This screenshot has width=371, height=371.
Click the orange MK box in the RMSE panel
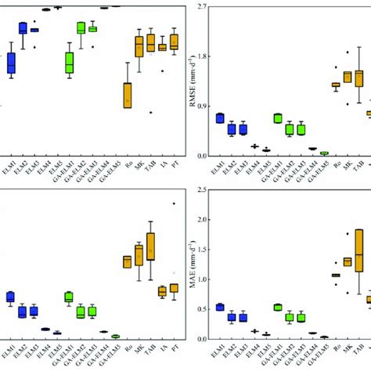click(347, 77)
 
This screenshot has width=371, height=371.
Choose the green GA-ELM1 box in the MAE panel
click(277, 307)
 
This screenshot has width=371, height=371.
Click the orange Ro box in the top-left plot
click(128, 95)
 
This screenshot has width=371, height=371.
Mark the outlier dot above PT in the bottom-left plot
click(174, 204)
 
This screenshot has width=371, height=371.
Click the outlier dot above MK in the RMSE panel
click(347, 55)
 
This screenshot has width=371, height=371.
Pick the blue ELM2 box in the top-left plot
click(23, 28)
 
